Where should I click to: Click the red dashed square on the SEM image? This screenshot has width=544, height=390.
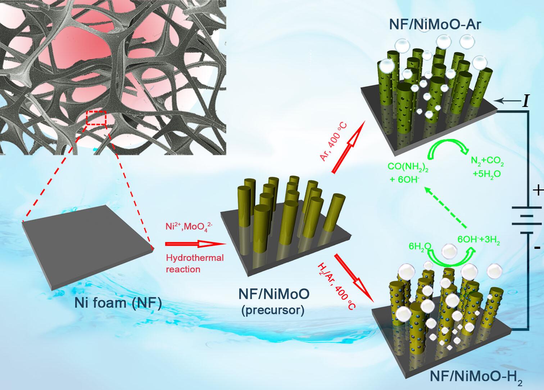(96, 118)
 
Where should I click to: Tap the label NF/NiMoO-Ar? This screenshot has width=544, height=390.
(435, 24)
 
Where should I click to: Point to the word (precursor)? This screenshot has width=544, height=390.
(273, 310)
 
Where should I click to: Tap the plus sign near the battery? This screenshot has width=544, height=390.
(537, 190)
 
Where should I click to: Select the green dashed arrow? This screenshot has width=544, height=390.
(446, 207)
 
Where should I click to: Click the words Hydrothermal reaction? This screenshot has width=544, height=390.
(194, 263)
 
